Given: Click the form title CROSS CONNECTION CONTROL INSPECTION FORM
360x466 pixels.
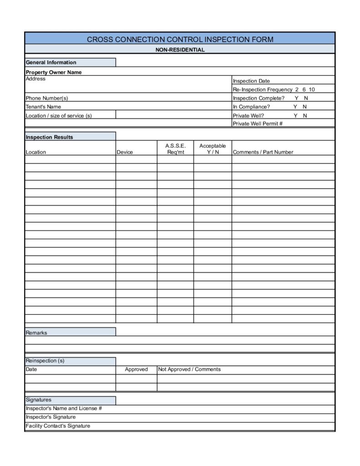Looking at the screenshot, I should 180,39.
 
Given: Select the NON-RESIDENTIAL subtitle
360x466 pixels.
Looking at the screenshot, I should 180,50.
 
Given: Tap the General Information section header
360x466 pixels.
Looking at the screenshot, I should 51,62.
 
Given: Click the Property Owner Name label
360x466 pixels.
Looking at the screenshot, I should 54,72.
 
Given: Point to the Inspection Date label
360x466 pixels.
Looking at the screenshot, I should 251,81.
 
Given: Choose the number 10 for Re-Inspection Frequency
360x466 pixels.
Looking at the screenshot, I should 311,90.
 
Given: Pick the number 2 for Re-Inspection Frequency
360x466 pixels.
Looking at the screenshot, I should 297,90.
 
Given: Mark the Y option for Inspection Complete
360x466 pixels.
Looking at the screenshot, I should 297,98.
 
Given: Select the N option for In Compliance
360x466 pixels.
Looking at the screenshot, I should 305,107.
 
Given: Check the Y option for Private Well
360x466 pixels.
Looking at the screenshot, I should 295,116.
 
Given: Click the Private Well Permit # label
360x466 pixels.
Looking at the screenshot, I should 258,124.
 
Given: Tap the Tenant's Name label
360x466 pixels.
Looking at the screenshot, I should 43,107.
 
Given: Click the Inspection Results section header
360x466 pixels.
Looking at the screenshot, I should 49,137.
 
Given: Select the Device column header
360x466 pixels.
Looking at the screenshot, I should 125,152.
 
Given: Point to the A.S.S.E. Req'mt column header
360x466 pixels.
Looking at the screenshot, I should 175,149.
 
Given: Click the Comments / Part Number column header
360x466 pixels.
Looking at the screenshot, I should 263,152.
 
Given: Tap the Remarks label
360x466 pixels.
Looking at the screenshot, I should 36,333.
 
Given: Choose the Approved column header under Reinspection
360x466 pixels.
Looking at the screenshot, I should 136,370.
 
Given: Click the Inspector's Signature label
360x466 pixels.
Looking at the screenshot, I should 51,417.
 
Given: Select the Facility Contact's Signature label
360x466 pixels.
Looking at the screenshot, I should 58,426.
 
